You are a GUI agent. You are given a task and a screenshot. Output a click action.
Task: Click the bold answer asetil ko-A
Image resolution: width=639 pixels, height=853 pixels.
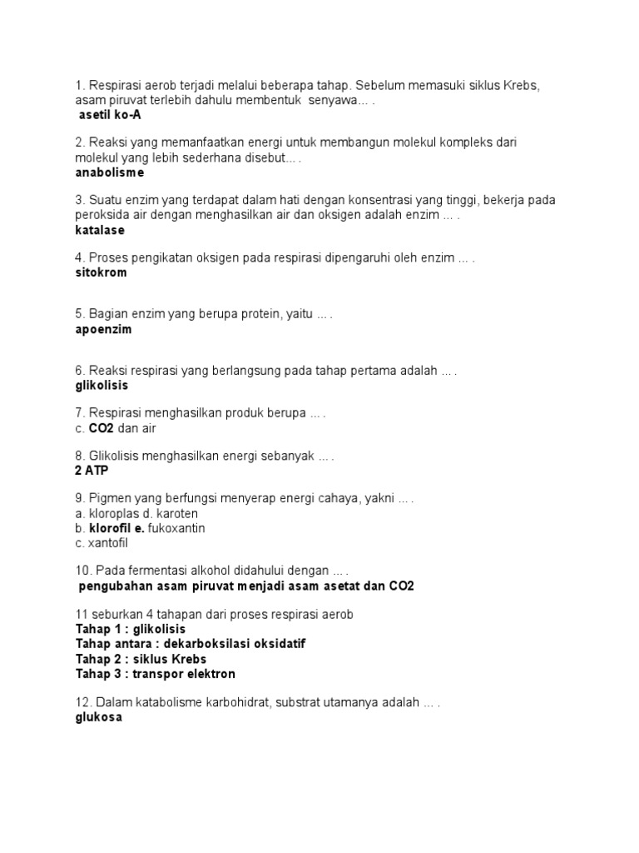point(108,115)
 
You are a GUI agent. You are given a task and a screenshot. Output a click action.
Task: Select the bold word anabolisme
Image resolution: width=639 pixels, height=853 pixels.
point(109,172)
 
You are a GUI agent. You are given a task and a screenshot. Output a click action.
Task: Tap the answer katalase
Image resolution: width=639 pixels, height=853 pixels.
point(100,230)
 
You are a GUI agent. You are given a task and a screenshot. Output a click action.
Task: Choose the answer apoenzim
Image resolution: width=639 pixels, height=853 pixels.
point(103,329)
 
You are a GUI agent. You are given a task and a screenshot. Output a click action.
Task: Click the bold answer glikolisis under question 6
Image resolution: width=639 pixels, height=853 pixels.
point(102,386)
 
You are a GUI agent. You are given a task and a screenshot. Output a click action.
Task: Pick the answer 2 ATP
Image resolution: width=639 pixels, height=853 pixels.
point(92,470)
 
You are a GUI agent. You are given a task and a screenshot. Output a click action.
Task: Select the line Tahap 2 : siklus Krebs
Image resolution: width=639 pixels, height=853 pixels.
point(141,659)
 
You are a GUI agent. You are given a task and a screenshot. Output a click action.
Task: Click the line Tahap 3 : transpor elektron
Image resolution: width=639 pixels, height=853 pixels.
point(156,674)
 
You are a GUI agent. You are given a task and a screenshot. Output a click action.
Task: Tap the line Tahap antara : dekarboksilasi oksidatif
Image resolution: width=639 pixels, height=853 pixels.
point(196,644)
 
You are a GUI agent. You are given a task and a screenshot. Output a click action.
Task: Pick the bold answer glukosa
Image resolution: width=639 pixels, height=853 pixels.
point(98,717)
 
